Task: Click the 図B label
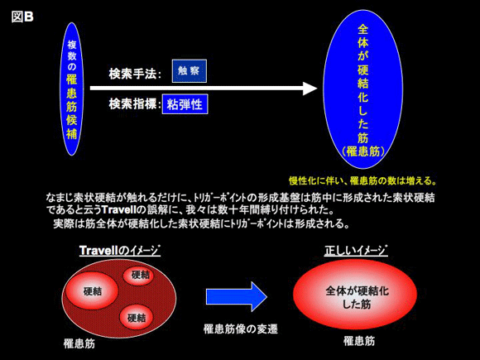click(22, 17)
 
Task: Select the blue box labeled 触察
click(190, 71)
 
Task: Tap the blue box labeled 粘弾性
click(185, 104)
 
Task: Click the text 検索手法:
click(135, 74)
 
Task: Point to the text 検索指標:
click(135, 104)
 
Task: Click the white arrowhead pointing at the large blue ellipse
click(310, 89)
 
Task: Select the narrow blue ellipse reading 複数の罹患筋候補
click(72, 89)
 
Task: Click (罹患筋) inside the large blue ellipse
click(362, 151)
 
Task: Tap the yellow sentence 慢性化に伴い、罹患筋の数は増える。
click(362, 180)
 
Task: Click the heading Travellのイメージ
click(120, 251)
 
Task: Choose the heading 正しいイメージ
click(356, 251)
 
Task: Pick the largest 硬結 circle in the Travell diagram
click(92, 290)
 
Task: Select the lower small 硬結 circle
click(136, 318)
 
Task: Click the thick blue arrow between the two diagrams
click(237, 296)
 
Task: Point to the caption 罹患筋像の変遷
click(241, 329)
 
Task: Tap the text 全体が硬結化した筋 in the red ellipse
click(357, 297)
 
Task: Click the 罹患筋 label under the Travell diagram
click(79, 343)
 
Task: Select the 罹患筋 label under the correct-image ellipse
click(359, 341)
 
